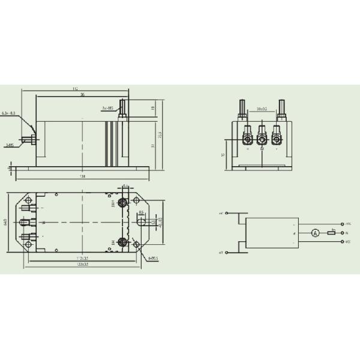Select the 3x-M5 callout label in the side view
pos(108,109)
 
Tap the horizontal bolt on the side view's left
pos(27,143)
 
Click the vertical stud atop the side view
pos(124,109)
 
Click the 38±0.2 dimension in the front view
pos(262,110)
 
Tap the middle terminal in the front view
pos(262,139)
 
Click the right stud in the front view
pos(281,108)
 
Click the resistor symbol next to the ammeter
pos(331,233)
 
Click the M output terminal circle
pos(342,233)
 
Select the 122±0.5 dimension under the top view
pos(82,264)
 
